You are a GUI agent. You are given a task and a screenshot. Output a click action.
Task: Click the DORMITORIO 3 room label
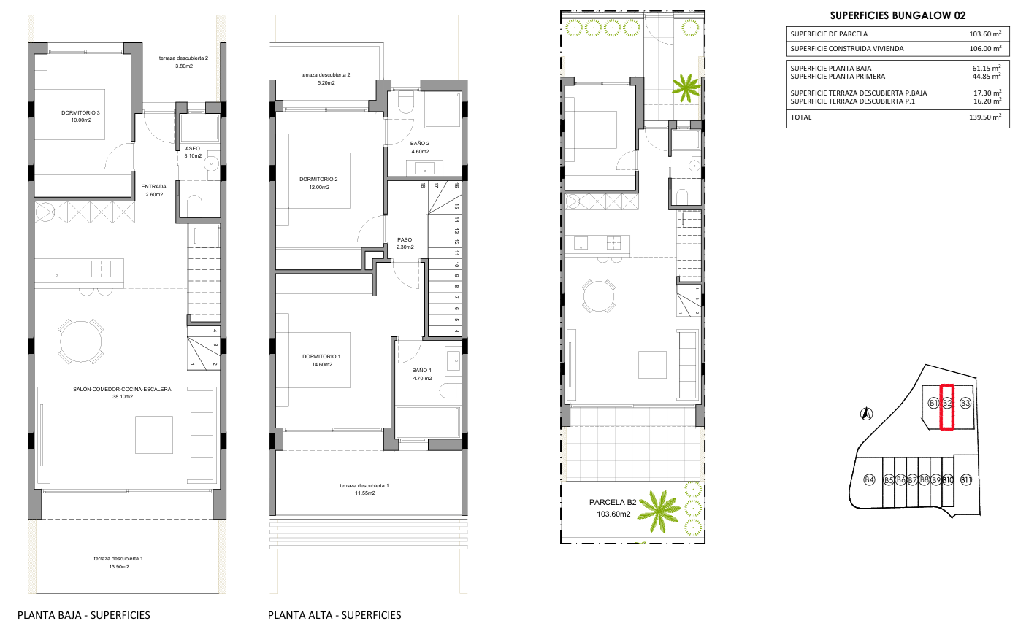(80, 112)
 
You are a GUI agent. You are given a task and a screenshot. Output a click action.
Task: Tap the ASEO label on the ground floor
(193, 149)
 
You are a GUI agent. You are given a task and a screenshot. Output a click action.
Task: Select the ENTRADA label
(153, 186)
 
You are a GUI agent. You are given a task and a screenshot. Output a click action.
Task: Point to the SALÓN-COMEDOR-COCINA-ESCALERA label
(122, 389)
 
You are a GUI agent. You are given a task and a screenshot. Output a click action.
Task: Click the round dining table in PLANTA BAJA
(81, 341)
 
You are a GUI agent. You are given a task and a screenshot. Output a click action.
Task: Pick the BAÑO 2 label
(419, 144)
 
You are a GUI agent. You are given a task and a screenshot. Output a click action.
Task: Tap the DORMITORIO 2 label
(318, 180)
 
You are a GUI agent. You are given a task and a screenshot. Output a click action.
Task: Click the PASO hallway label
(405, 240)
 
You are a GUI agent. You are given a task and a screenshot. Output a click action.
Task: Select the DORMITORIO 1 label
(321, 357)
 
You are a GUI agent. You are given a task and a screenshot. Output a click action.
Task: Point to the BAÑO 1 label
(422, 370)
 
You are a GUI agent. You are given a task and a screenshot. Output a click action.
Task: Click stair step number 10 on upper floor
(456, 264)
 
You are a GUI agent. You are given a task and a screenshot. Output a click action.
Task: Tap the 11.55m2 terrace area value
(364, 493)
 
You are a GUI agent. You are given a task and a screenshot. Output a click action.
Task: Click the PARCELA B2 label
(613, 502)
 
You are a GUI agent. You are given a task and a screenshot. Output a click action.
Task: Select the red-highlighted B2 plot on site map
(946, 407)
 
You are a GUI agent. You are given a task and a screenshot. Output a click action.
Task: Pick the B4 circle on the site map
(870, 479)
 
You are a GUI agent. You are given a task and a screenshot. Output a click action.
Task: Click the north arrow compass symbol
(867, 414)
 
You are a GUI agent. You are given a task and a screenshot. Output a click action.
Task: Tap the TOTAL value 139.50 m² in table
(985, 117)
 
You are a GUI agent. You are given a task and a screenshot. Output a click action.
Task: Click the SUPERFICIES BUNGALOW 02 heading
(898, 15)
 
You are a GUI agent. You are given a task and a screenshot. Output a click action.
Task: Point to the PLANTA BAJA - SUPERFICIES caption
(84, 615)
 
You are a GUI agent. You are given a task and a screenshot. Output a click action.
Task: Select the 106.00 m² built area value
(985, 48)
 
